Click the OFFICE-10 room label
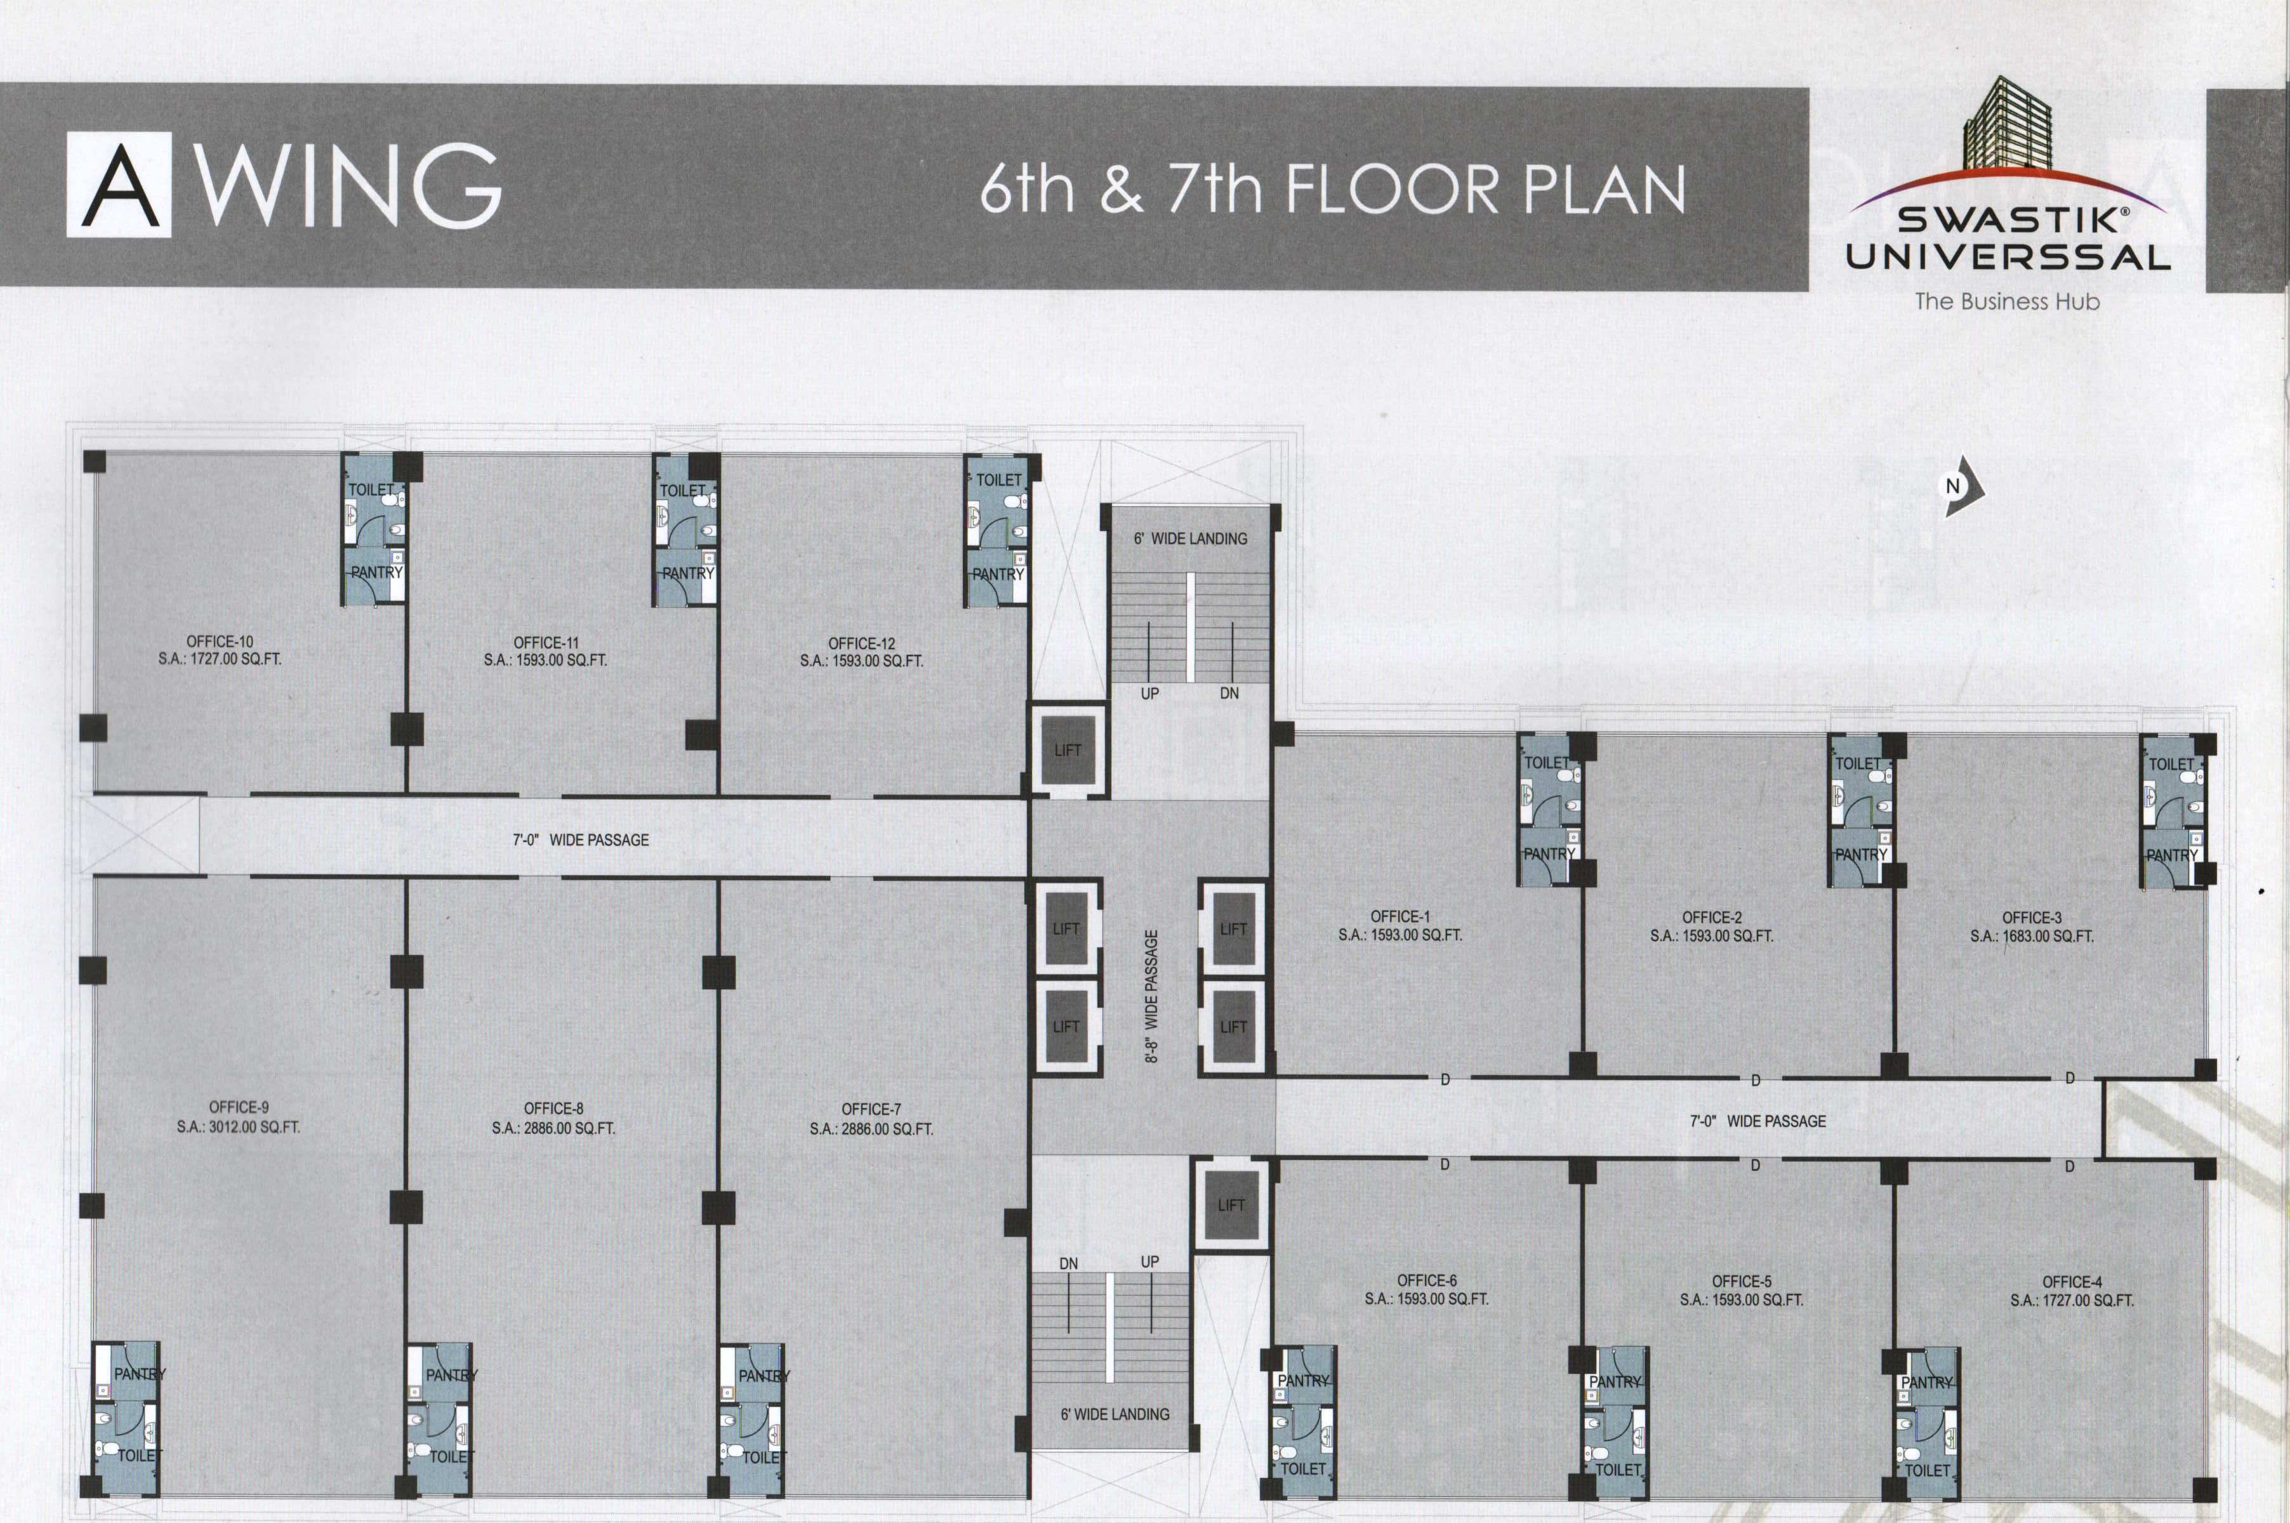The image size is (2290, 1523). coord(220,641)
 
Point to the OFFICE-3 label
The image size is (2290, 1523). coord(2032,918)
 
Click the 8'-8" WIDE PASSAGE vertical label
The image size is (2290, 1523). coord(1152,996)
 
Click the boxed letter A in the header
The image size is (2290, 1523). coord(119,185)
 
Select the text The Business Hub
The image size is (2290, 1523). coord(2008,301)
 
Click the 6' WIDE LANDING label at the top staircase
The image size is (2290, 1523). coord(1190,538)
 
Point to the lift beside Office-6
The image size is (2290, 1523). coord(1231,1205)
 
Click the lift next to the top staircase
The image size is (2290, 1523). coord(1068,750)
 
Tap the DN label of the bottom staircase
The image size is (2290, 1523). coord(1069,1263)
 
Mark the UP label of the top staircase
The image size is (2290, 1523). coord(1149,694)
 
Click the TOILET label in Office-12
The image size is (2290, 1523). coord(999,480)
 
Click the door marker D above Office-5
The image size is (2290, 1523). coord(1756,1080)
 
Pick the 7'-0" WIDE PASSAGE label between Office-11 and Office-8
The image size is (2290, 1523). coord(581,839)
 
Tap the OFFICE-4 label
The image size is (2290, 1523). coord(2072,1282)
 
